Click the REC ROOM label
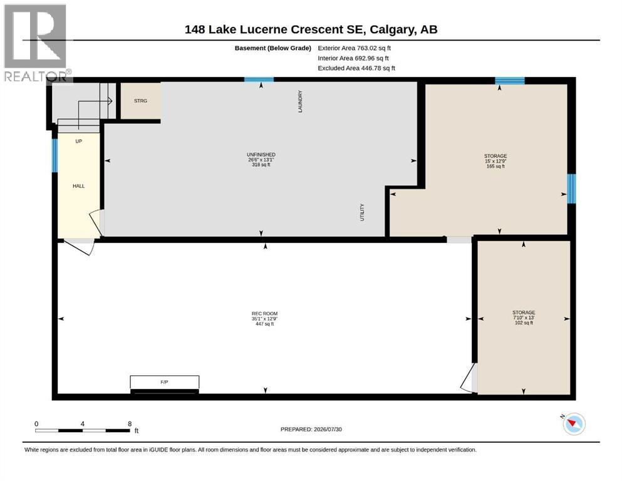point(264,313)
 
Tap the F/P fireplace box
point(165,382)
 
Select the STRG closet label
point(140,101)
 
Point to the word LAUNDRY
point(300,101)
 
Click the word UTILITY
point(362,212)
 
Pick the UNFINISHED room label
point(261,155)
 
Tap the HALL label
point(78,186)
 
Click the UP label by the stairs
point(78,141)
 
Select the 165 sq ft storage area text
point(495,167)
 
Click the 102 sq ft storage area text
point(524,323)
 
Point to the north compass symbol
point(574,423)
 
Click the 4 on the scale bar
point(83,424)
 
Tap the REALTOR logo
point(36,43)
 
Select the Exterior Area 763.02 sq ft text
point(355,48)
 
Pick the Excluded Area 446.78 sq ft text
point(356,68)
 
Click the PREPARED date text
point(311,430)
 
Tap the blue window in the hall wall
point(54,155)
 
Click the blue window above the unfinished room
point(259,80)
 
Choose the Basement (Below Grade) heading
point(273,48)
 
